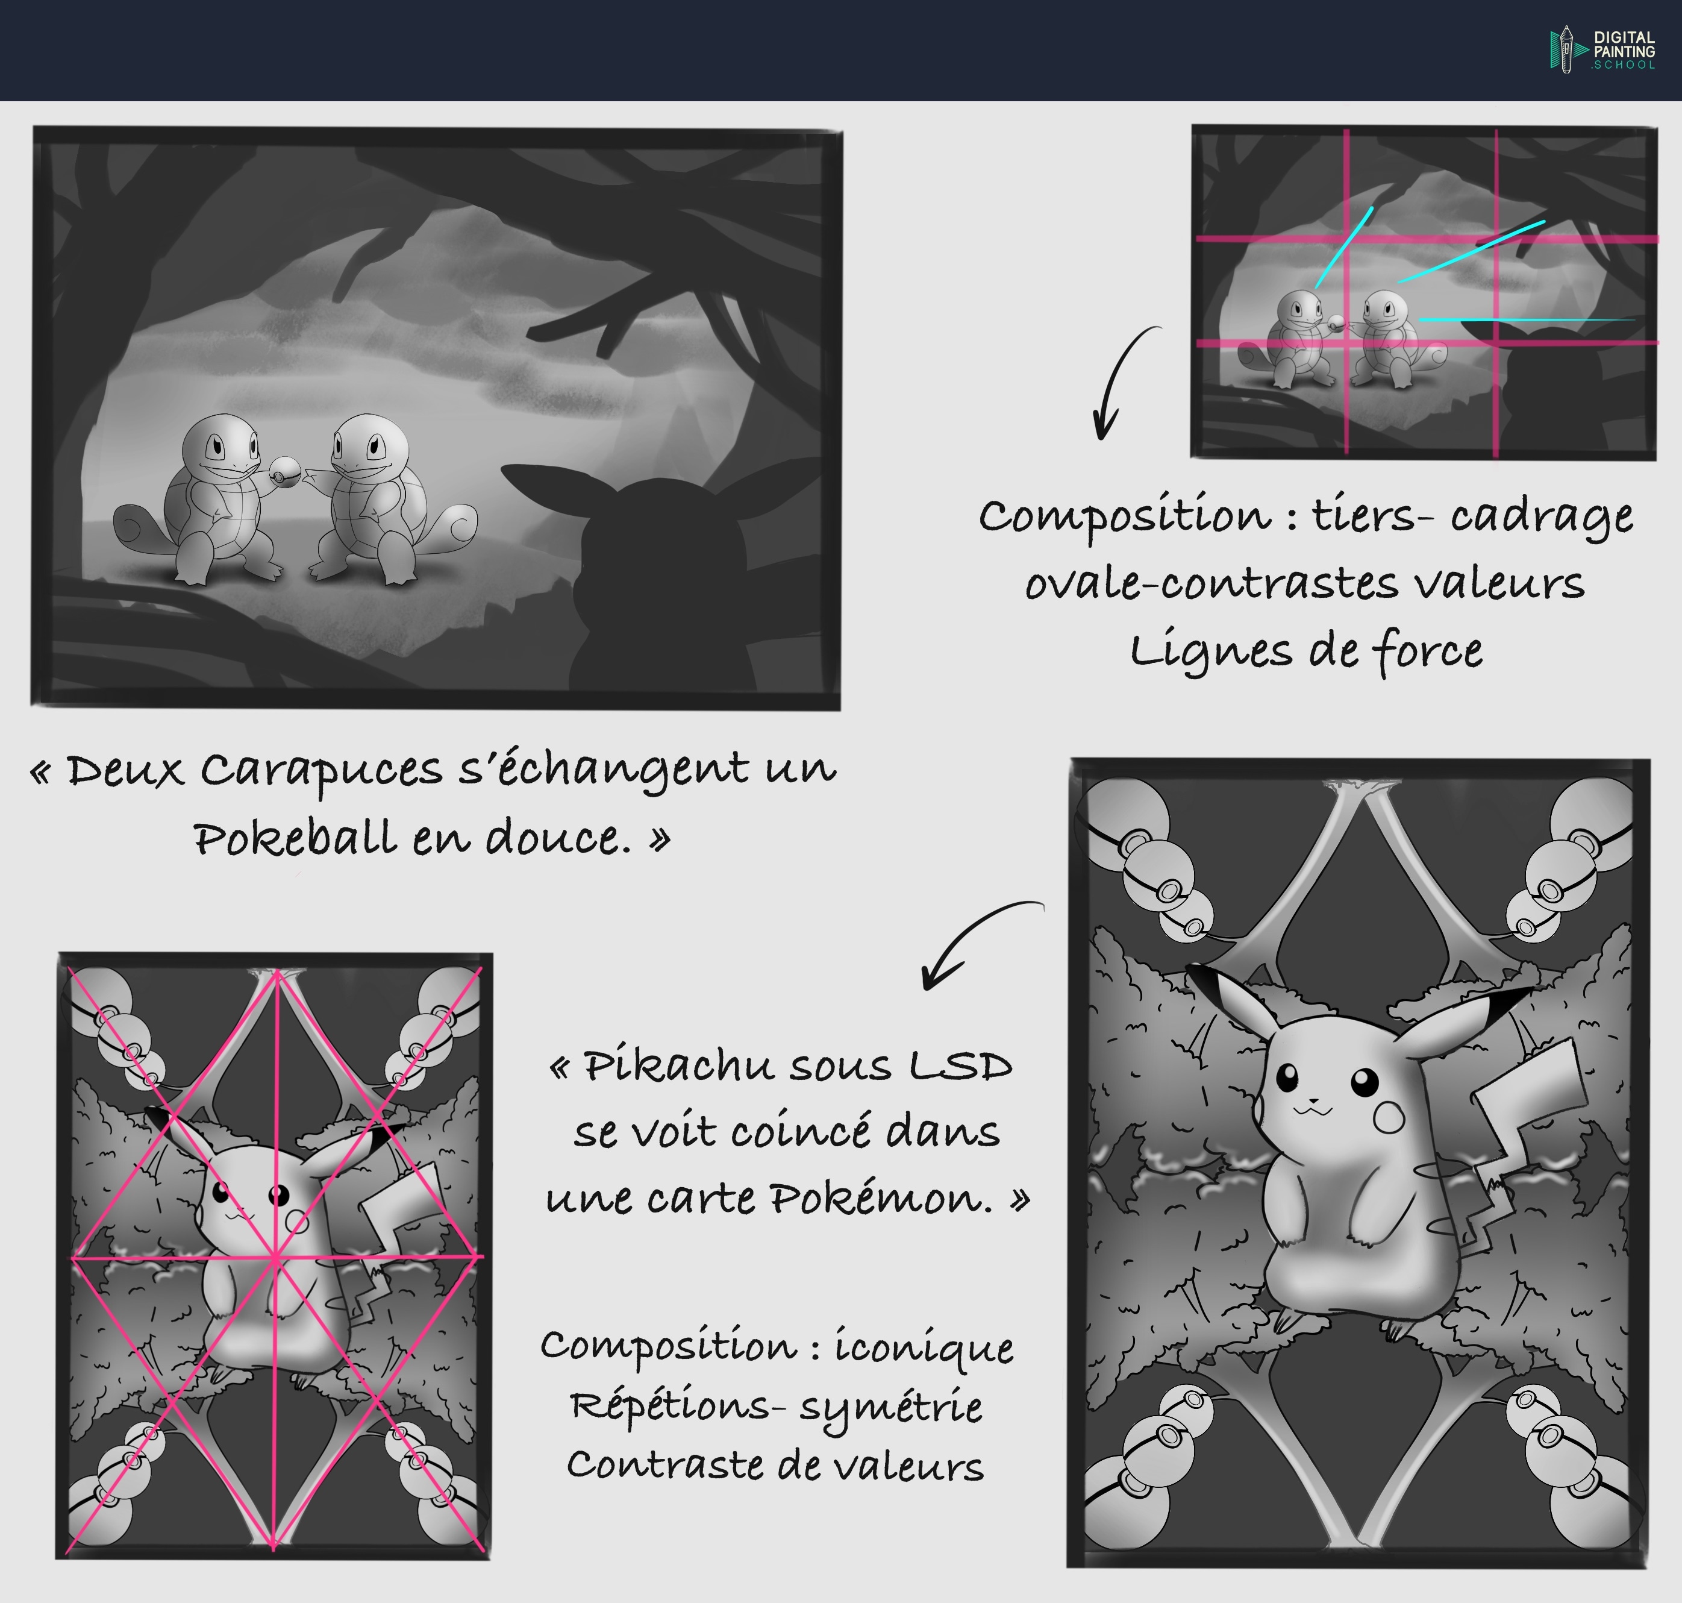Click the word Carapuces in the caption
321,771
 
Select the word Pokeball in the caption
295,838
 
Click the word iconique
924,1347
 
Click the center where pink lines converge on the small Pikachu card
275,1256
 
